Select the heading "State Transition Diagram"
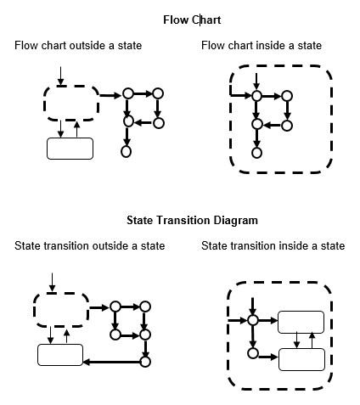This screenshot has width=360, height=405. (x=192, y=220)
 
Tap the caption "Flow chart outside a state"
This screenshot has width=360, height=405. (x=78, y=45)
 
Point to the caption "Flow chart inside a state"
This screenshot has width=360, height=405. (x=262, y=45)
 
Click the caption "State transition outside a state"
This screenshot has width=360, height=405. (x=89, y=246)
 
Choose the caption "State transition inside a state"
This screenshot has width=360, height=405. (x=273, y=246)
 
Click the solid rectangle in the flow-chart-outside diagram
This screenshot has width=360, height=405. (x=69, y=148)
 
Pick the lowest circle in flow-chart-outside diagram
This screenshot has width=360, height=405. (x=127, y=152)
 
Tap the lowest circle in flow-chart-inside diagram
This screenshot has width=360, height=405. (x=256, y=153)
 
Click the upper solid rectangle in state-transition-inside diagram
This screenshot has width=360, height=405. (x=302, y=322)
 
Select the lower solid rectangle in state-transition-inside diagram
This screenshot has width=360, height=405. (x=302, y=358)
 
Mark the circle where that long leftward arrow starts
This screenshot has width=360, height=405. (x=145, y=361)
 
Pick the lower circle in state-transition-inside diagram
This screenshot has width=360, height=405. (x=253, y=352)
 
